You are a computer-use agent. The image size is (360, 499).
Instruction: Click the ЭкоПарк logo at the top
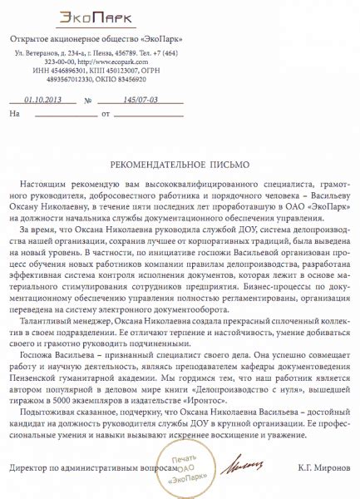(x=96, y=16)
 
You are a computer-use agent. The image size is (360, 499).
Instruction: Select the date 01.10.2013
(x=42, y=99)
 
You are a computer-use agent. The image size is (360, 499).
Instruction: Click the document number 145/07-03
(x=141, y=99)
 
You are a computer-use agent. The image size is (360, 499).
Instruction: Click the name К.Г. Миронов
(x=318, y=468)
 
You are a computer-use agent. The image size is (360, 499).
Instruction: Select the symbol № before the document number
(x=88, y=100)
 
